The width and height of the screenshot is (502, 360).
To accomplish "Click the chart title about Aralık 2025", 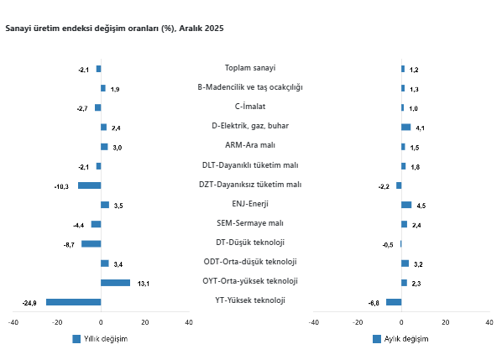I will coord(114,29).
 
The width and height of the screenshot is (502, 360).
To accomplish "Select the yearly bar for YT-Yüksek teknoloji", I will coord(74,302).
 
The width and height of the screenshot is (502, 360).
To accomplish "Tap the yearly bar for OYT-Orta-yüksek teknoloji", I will coord(115,283).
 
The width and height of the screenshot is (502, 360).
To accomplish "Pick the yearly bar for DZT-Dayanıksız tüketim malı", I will coord(89,185).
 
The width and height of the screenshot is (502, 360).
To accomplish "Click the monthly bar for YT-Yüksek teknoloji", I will coord(394,302).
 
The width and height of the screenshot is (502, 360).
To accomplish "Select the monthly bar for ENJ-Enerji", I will coord(406,205).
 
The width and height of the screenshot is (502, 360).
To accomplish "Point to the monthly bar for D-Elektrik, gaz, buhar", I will coord(405,128).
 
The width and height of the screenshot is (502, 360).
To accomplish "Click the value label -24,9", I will coord(29,303).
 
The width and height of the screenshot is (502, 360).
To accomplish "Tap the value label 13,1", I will coord(144,284).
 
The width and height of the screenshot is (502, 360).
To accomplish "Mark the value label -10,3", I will coord(61,186).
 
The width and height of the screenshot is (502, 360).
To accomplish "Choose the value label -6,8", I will coord(374,303).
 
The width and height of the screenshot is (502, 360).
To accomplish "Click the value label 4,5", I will coord(421,206).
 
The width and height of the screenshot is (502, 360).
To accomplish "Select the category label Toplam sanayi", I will coord(250,68).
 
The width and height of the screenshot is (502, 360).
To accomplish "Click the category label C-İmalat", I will coord(250,107).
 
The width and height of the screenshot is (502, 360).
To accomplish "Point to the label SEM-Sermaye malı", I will coord(250,223).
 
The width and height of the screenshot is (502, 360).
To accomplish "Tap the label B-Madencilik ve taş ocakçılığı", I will coord(250,87).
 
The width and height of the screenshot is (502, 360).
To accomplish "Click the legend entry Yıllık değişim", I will coord(100,339).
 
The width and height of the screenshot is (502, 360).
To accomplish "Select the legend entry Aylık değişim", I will coord(400,339).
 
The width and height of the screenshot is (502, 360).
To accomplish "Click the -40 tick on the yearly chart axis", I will coord(13,321).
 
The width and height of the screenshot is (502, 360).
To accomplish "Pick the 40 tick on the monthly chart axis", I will coord(489,321).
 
